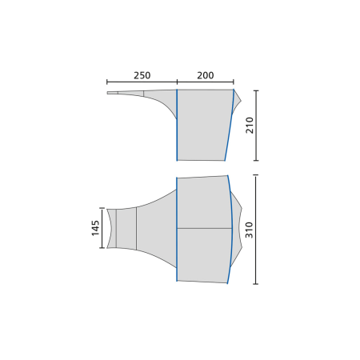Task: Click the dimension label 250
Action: point(142,75)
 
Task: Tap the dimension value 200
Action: point(206,75)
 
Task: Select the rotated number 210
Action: point(250,125)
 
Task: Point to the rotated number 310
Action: point(249,230)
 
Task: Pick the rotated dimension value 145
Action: point(95,228)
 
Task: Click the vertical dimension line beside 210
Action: point(256,126)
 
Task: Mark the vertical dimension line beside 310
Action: point(256,230)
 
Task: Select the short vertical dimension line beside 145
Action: point(102,228)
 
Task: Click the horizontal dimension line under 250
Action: point(142,82)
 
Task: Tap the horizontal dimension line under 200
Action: point(206,82)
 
